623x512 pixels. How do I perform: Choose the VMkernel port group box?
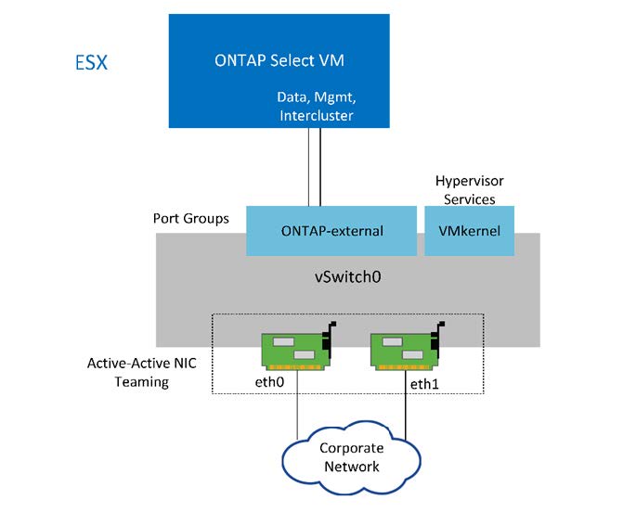470,231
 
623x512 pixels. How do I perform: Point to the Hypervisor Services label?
468,191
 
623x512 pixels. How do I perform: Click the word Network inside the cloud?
350,466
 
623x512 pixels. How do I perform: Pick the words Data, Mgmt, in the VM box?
316,96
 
